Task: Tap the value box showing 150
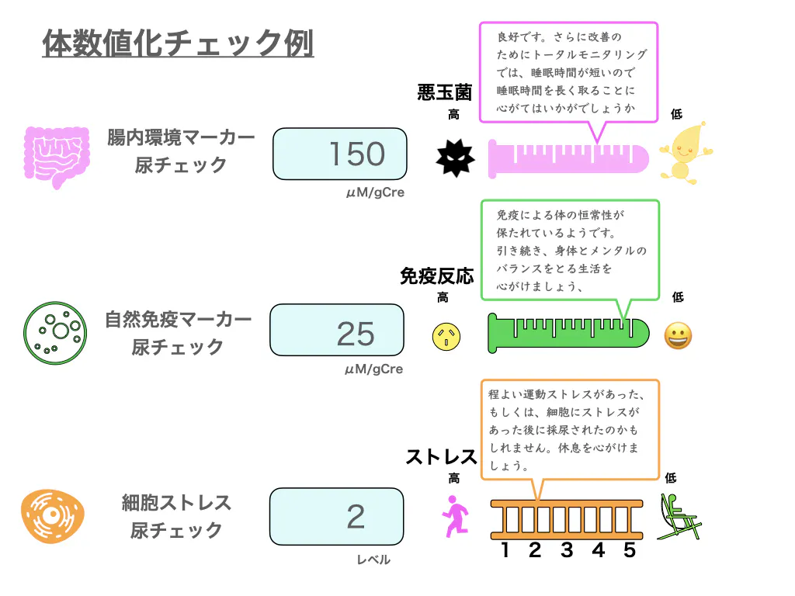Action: click(340, 154)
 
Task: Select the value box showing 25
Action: click(337, 334)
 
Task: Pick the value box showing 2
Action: click(337, 516)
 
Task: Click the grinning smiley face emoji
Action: click(678, 336)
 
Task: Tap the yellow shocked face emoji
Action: click(446, 336)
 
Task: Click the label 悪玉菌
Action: click(444, 93)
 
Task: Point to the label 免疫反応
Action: click(436, 276)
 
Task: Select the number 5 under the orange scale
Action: click(630, 550)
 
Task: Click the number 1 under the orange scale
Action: click(505, 550)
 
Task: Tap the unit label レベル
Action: click(373, 560)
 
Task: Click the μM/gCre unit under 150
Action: click(375, 192)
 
